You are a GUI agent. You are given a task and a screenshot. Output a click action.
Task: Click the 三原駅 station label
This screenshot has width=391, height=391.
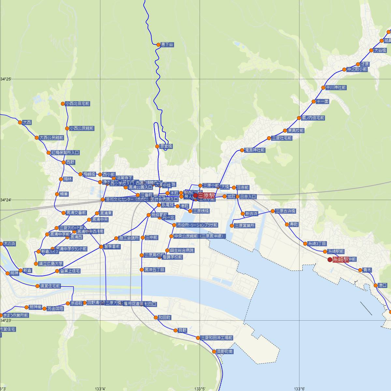point(206,195)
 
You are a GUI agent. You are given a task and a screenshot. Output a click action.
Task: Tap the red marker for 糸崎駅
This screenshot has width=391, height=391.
point(330,260)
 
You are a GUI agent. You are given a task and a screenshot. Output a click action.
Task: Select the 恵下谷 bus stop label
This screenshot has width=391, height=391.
point(167,45)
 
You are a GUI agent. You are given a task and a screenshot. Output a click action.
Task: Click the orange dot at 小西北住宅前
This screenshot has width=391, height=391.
point(63,104)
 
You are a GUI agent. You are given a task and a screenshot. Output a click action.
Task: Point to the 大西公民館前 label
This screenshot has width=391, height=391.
point(51,138)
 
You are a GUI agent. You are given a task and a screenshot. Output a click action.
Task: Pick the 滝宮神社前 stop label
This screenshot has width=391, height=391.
point(254,150)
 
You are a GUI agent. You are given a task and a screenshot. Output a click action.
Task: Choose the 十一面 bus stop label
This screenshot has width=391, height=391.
point(323,102)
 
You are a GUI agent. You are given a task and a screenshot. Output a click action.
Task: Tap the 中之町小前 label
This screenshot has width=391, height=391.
point(357,69)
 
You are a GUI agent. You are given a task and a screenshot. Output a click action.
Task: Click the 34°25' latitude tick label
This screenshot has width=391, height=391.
point(6,79)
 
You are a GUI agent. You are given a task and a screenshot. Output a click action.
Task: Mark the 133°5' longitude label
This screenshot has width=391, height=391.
point(200,389)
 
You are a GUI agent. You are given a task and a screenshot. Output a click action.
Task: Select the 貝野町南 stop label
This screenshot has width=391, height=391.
point(225,352)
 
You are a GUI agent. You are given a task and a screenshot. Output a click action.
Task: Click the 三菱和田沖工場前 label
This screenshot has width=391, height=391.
point(216,338)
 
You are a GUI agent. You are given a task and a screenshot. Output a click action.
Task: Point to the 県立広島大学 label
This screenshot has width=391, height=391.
point(51,264)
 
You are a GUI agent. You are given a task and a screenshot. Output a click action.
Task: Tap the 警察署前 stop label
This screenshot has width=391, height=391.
point(112,247)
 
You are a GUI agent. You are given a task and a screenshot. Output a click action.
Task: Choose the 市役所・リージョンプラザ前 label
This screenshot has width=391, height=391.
point(197,225)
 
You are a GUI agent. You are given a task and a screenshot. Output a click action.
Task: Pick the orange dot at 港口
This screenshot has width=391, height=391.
point(376,285)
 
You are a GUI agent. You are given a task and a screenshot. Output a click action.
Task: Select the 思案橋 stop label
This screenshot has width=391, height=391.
point(166,147)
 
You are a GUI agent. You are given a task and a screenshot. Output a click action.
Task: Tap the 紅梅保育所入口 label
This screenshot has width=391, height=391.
point(65,152)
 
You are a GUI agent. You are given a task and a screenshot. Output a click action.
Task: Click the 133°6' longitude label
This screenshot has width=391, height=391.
point(299,389)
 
